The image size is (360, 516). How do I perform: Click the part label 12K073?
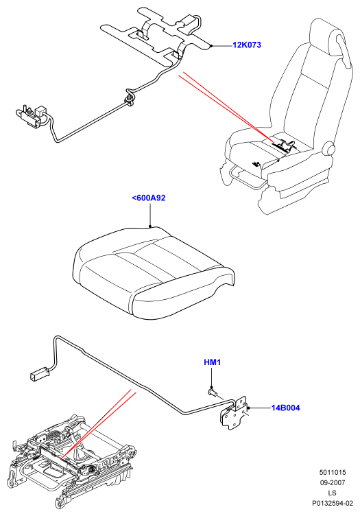(x=247, y=45)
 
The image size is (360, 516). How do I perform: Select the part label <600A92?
(x=149, y=198)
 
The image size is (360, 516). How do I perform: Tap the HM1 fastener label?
(x=213, y=362)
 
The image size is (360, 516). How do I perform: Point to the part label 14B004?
(x=285, y=408)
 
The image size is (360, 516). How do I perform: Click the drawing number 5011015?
(x=333, y=472)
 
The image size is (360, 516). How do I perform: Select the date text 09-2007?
(x=333, y=482)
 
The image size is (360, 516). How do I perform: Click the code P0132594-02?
(x=333, y=503)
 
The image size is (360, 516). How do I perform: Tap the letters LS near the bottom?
(x=332, y=493)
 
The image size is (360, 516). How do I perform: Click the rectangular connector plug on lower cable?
(x=40, y=375)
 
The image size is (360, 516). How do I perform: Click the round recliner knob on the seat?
(x=330, y=150)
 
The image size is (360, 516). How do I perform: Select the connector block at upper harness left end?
(x=32, y=115)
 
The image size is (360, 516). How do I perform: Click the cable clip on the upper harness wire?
(x=130, y=99)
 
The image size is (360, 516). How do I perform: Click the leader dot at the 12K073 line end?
(x=212, y=46)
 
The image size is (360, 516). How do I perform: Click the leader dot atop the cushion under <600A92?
(x=150, y=226)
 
